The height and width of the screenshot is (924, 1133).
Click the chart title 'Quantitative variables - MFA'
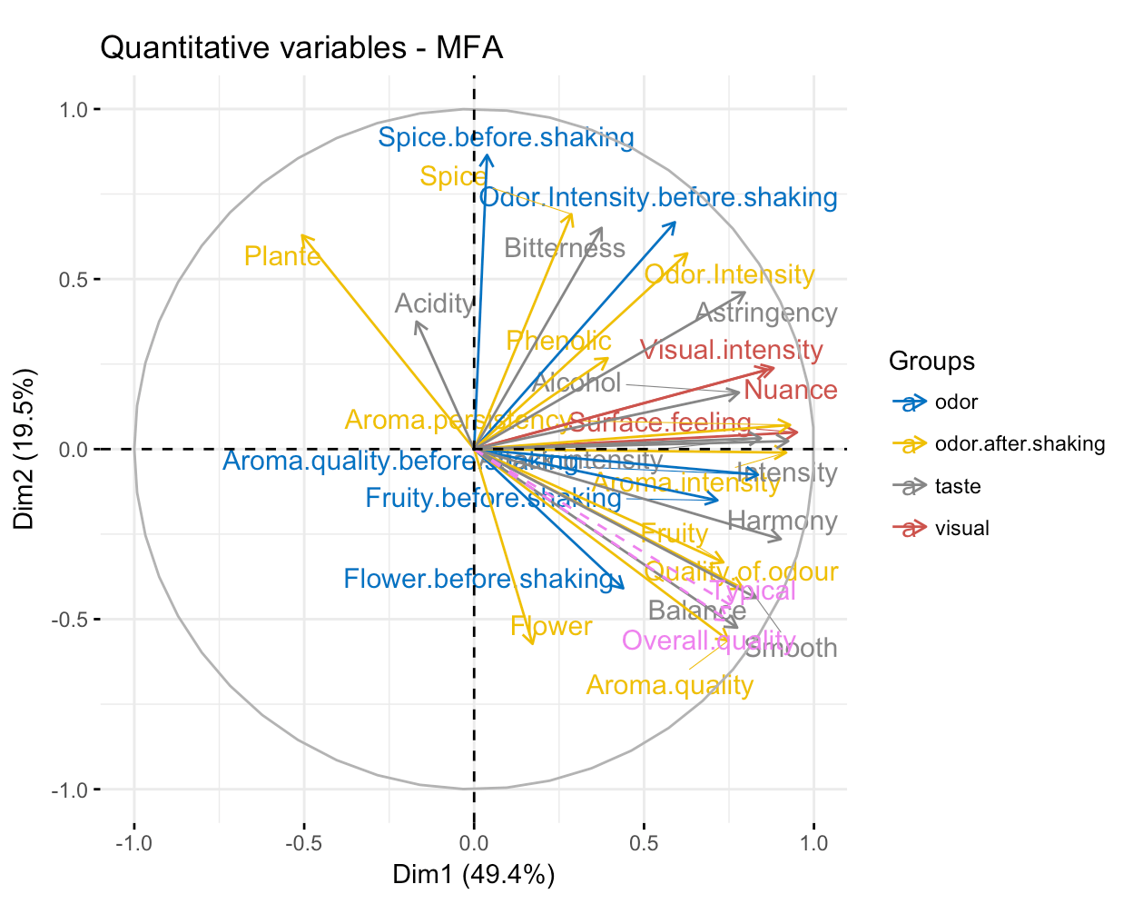pyautogui.click(x=300, y=47)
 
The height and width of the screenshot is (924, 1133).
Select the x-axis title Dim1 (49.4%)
pyautogui.click(x=473, y=875)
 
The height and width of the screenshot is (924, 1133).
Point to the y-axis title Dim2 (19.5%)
pyautogui.click(x=25, y=449)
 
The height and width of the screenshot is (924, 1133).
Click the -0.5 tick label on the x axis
pyautogui.click(x=303, y=842)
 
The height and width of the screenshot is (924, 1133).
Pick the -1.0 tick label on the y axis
pyautogui.click(x=70, y=790)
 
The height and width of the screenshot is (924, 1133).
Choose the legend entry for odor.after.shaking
pyautogui.click(x=1020, y=444)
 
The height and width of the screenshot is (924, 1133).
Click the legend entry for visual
pyautogui.click(x=961, y=529)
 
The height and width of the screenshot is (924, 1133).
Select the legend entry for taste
pyautogui.click(x=958, y=487)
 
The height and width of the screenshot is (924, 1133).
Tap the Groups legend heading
pyautogui.click(x=931, y=361)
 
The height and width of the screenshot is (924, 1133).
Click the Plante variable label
pyautogui.click(x=282, y=257)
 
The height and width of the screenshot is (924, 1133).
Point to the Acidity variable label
pyautogui.click(x=434, y=303)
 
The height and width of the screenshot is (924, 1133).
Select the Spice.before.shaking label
pyautogui.click(x=506, y=138)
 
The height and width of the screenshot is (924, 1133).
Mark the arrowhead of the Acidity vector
pyautogui.click(x=417, y=323)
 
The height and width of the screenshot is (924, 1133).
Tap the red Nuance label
pyautogui.click(x=790, y=391)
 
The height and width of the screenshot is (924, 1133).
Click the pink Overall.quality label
pyautogui.click(x=708, y=641)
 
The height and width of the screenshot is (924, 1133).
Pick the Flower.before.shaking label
pyautogui.click(x=478, y=579)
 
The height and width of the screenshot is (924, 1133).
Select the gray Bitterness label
pyautogui.click(x=564, y=248)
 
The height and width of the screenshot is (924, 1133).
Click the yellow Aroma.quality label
pyautogui.click(x=669, y=685)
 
